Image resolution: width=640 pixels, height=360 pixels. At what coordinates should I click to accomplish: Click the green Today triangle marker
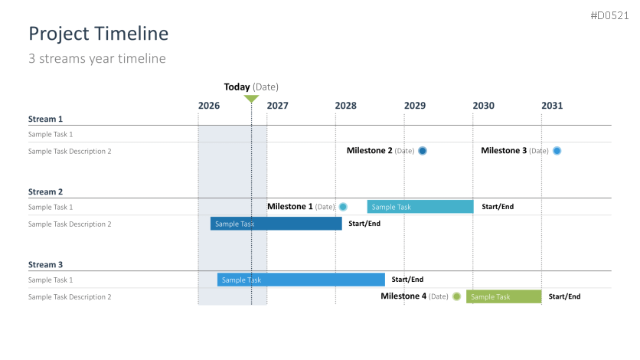[251, 98]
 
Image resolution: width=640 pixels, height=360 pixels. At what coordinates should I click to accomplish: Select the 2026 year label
[209, 106]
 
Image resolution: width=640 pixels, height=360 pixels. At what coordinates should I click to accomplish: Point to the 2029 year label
[415, 106]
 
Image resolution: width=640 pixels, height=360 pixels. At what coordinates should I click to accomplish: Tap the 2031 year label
[552, 106]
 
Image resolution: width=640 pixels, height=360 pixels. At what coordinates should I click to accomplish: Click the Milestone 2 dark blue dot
[423, 151]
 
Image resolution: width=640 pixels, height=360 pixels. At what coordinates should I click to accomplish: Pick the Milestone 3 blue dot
[557, 151]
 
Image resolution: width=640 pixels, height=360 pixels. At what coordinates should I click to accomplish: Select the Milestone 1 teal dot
[343, 207]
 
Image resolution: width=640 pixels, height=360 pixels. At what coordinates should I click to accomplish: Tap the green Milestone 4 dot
[457, 296]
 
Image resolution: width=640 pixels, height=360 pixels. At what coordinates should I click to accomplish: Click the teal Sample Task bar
[420, 207]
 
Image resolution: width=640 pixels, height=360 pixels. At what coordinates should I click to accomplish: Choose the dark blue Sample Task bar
[276, 224]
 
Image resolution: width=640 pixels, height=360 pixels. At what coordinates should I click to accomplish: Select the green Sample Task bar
[504, 296]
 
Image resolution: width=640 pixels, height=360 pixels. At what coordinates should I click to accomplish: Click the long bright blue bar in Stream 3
[301, 280]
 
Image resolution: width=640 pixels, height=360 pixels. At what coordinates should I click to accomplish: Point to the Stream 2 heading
[45, 191]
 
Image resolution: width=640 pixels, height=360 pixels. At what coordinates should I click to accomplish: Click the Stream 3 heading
[45, 264]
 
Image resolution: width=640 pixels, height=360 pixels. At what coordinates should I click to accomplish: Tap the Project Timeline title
[98, 34]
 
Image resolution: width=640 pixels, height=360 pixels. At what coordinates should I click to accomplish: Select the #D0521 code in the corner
[609, 15]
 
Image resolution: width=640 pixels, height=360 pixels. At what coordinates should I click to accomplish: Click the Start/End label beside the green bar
[564, 296]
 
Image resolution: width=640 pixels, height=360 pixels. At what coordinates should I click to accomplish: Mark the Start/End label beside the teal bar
[498, 207]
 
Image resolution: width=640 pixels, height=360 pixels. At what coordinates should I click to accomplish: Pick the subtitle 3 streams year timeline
[97, 58]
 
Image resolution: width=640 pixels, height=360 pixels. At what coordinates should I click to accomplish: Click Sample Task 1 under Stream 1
[51, 134]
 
